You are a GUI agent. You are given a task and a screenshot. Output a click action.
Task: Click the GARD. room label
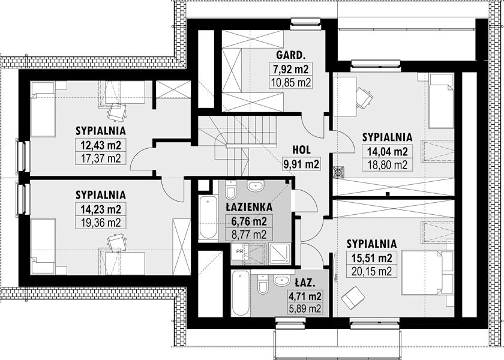[x=290, y=55]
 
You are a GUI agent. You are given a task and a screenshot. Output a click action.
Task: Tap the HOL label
[x=301, y=149]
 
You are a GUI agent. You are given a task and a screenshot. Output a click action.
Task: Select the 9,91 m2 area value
[x=301, y=164]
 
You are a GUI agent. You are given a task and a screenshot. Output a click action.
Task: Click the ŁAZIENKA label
[x=249, y=207]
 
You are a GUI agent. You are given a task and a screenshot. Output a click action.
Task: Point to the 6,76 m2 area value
[x=249, y=221]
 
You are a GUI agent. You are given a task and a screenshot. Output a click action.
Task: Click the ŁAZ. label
[x=305, y=283]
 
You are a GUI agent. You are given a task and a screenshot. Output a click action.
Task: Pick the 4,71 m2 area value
[x=305, y=296]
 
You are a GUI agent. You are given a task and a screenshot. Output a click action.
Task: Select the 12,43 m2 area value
[x=101, y=145]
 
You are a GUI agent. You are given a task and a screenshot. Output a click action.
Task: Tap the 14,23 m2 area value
[x=101, y=209]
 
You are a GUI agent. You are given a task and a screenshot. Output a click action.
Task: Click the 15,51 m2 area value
[x=371, y=258]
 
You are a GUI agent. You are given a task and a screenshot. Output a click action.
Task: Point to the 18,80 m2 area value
[x=388, y=165]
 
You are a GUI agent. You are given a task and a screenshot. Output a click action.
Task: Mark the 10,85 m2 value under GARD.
[x=290, y=83]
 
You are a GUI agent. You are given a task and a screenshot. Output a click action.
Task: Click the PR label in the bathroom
[x=239, y=251]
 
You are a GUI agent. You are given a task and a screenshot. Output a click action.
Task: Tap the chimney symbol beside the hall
[x=338, y=172]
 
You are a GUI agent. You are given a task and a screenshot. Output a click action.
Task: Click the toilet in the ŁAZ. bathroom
[x=263, y=284]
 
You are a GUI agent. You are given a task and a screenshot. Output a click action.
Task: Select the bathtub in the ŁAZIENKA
[x=208, y=217]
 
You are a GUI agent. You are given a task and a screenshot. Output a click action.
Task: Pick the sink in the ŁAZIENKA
[x=256, y=185]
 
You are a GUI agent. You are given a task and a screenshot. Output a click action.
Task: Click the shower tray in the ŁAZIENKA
[x=280, y=254]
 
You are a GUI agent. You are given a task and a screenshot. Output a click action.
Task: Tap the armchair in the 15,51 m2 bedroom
[x=353, y=298]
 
